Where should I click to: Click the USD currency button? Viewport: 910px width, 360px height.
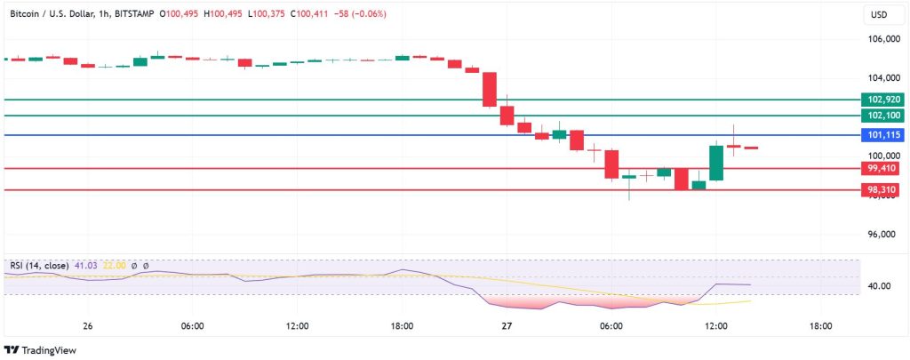880,14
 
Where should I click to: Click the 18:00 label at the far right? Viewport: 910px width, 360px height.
820,326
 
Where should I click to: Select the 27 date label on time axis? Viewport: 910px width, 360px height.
507,326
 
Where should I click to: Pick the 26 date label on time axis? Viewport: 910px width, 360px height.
87,326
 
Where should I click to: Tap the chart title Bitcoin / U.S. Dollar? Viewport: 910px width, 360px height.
66,14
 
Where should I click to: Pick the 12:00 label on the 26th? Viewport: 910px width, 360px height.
297,326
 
